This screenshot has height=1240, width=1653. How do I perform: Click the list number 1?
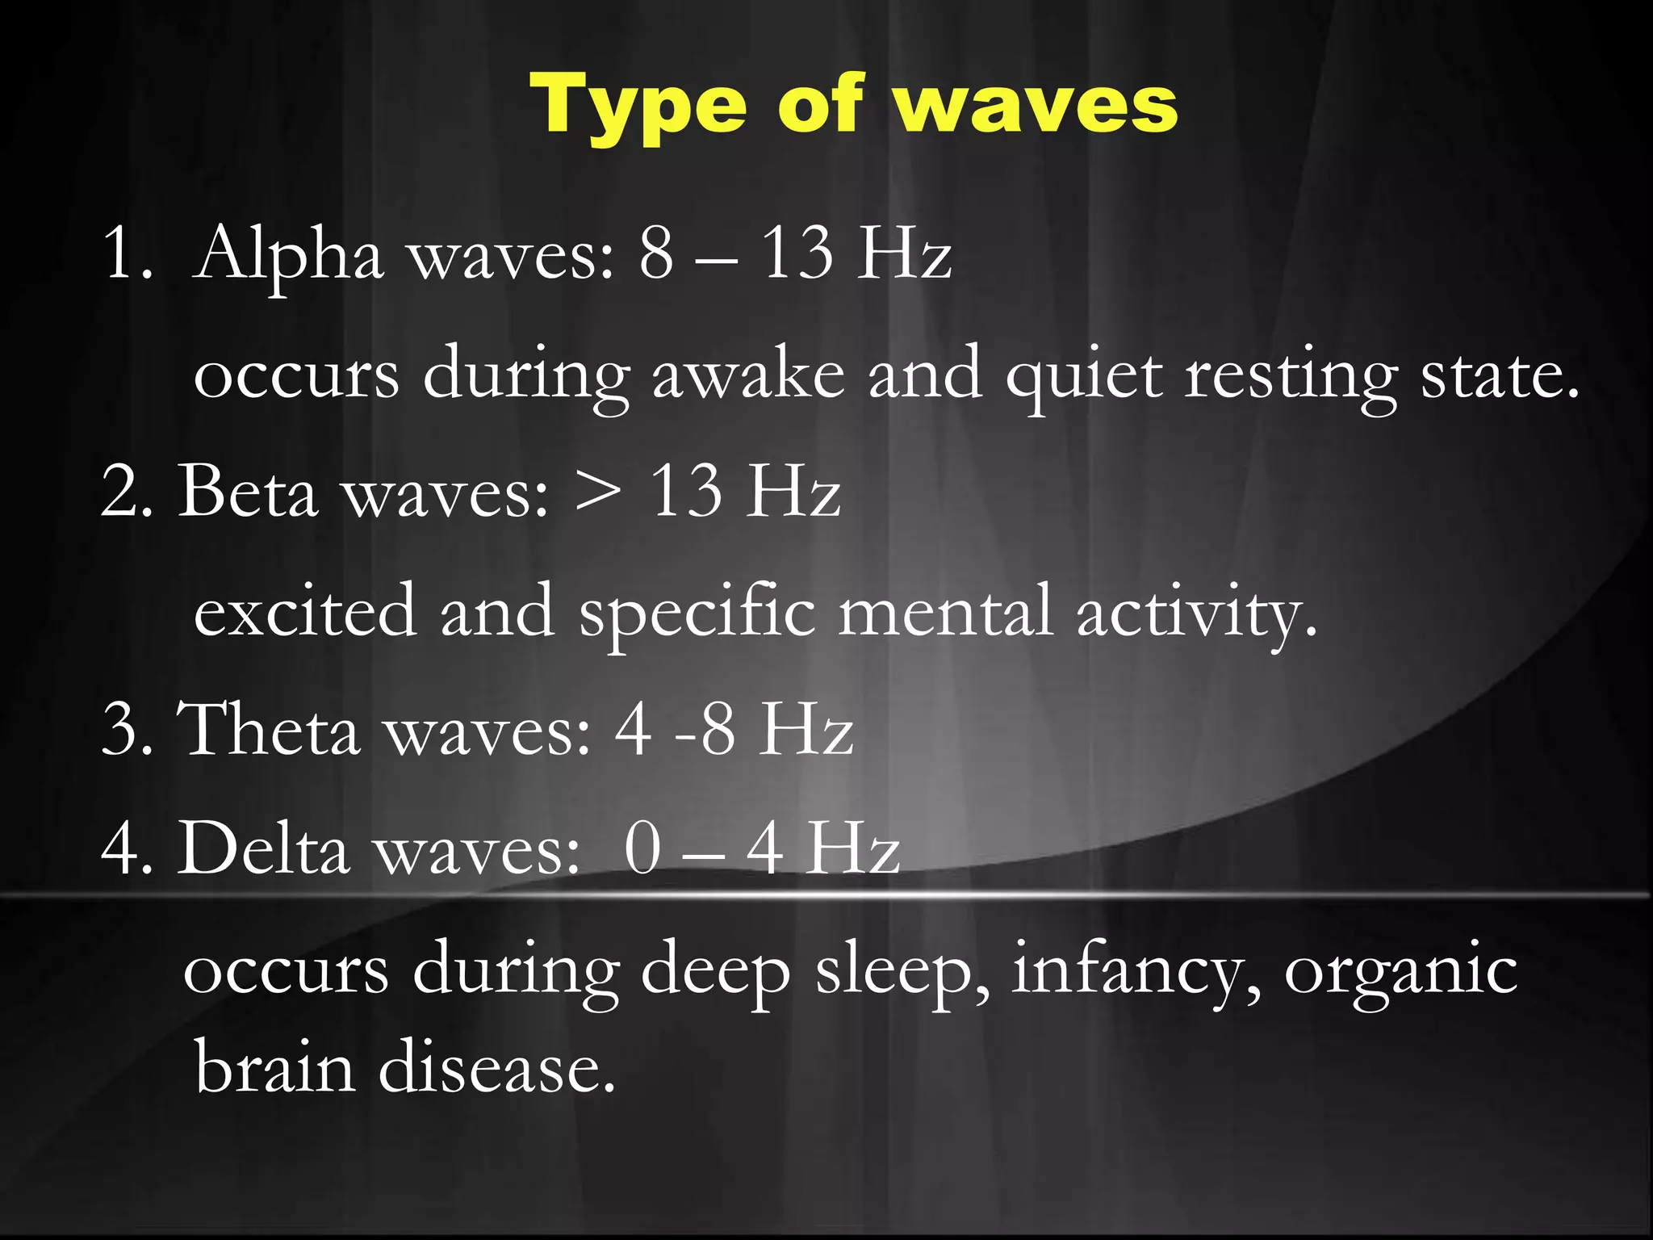[124, 255]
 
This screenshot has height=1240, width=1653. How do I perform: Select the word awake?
[748, 375]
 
